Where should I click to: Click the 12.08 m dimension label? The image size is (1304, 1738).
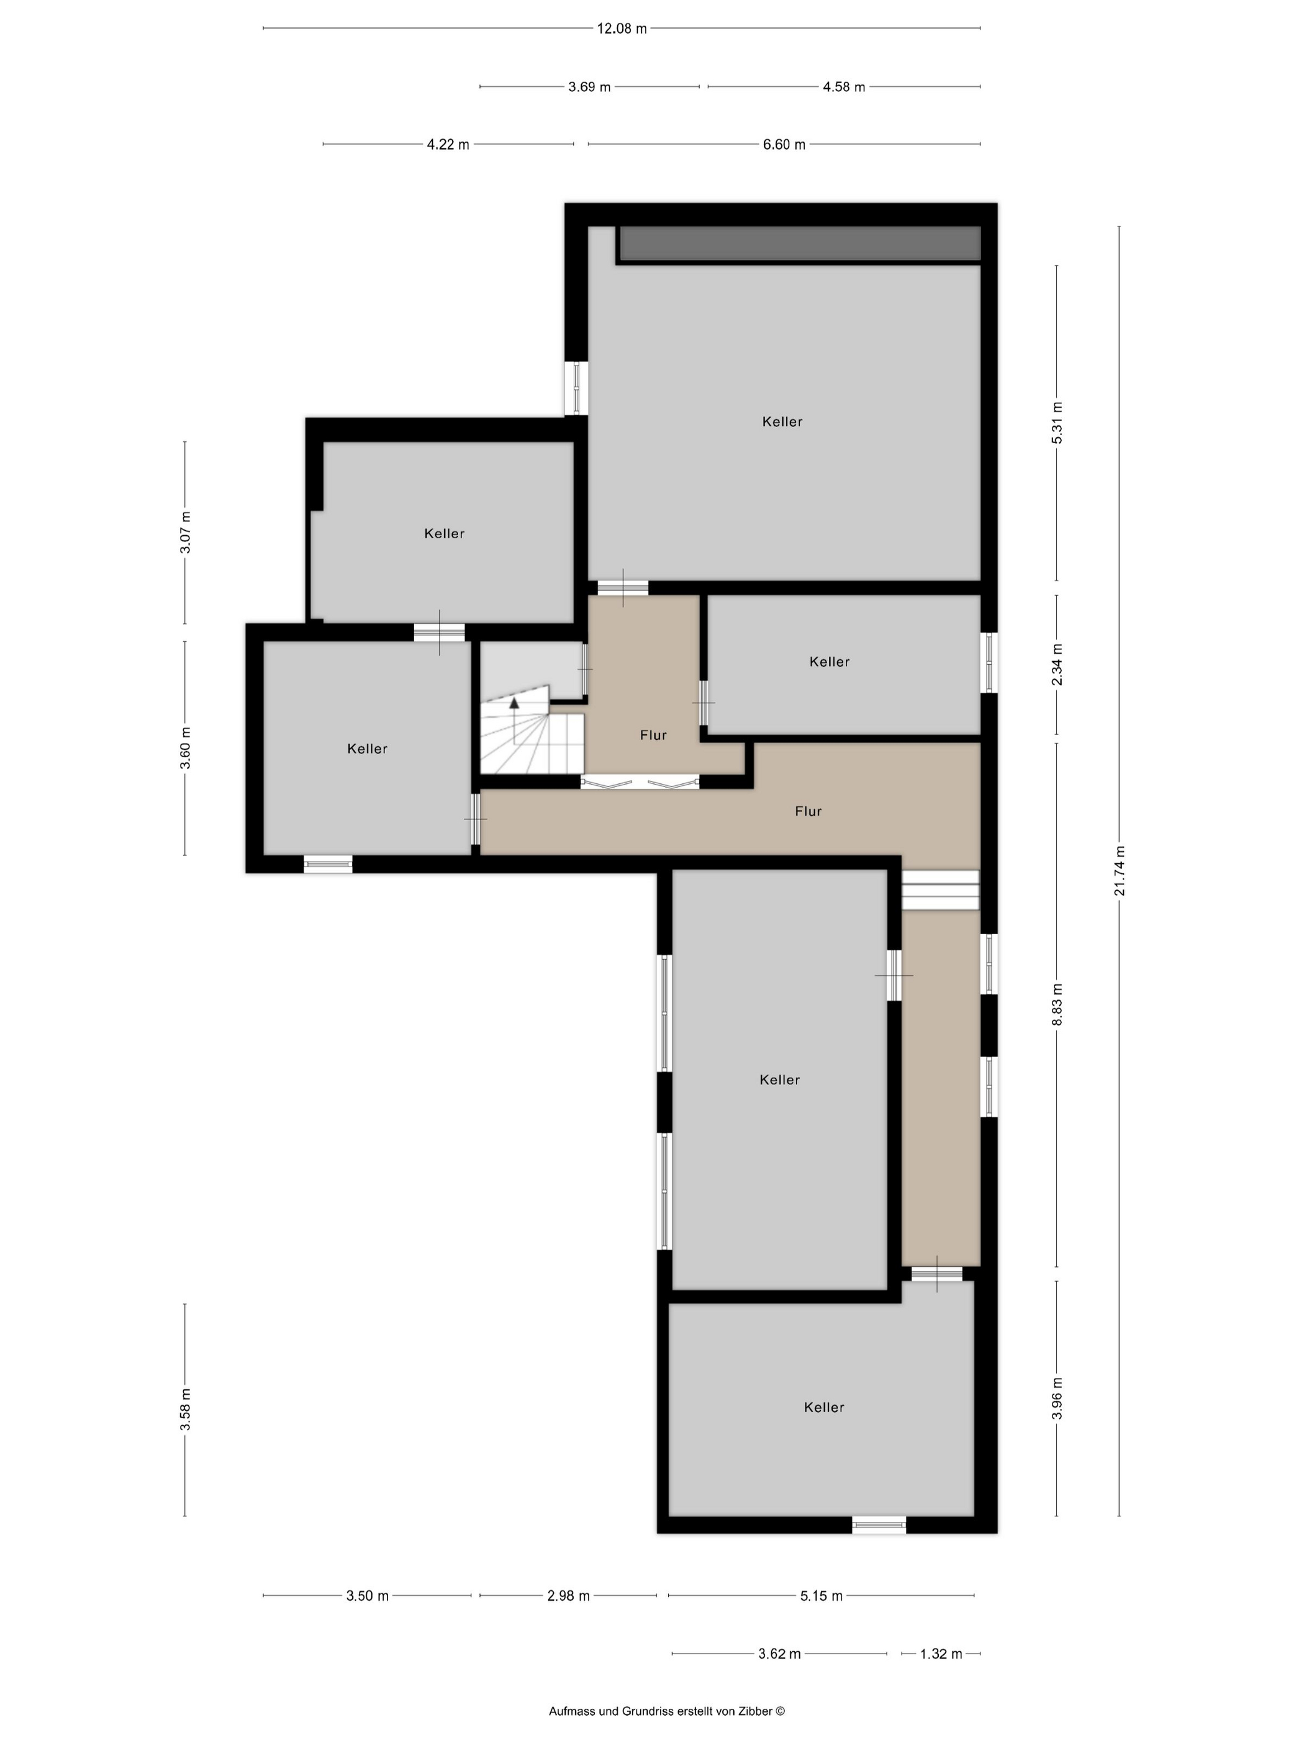pos(622,29)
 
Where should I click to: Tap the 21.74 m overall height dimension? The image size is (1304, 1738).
pos(1120,871)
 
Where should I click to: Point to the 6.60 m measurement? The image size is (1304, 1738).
pos(784,145)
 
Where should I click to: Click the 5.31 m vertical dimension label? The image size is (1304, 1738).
pos(1057,423)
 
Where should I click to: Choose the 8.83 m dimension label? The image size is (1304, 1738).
pos(1057,1004)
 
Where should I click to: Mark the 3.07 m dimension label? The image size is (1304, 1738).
pos(186,533)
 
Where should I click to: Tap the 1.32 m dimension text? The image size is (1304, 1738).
pos(941,1654)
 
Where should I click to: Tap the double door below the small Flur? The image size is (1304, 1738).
pos(640,781)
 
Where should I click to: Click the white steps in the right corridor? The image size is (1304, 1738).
pos(940,889)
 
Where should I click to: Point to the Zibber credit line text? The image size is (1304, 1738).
pos(666,1711)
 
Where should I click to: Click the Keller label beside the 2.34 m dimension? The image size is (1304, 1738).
pos(829,662)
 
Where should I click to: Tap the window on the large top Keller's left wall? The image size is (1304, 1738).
pos(576,388)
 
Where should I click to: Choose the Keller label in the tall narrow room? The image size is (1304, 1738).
pos(780,1079)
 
